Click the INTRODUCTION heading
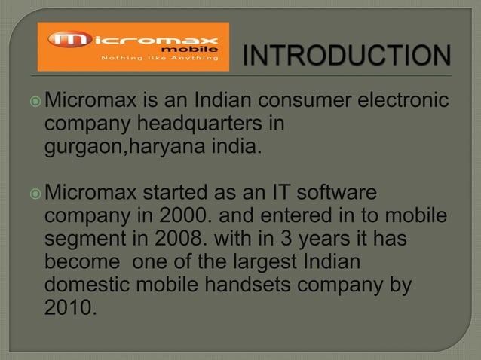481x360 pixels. [x=348, y=55]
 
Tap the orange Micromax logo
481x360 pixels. [x=133, y=47]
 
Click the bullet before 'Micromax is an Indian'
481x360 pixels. [x=38, y=99]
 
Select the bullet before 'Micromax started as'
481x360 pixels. [x=38, y=195]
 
